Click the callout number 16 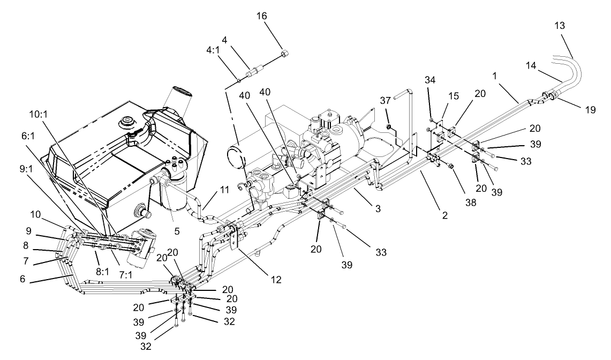[x=276, y=17]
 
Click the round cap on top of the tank [x=127, y=121]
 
